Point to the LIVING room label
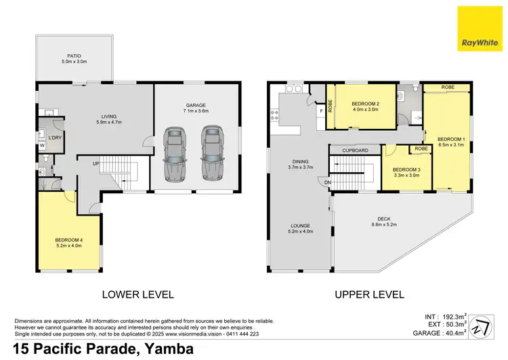point(106,115)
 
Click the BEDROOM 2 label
point(360,104)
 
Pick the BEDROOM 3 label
point(405,169)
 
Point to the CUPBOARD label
point(355,150)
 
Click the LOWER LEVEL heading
point(138,294)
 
